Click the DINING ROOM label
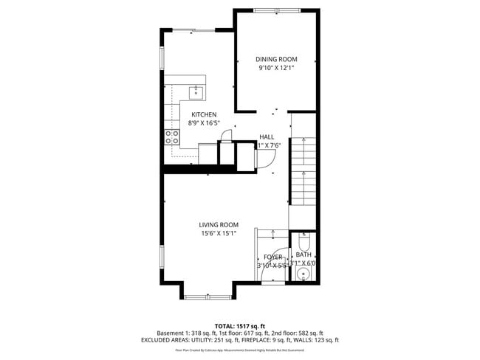coord(276,59)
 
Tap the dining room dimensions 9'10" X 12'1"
coord(276,68)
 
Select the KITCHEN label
coord(204,114)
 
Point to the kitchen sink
coord(196,92)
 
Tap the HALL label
coord(267,136)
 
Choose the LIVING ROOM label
coord(219,225)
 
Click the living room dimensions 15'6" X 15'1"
coord(219,234)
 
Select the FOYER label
coord(273,257)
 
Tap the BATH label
coord(304,255)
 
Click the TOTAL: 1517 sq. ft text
coord(239,325)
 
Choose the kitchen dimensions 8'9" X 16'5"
coord(204,123)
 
